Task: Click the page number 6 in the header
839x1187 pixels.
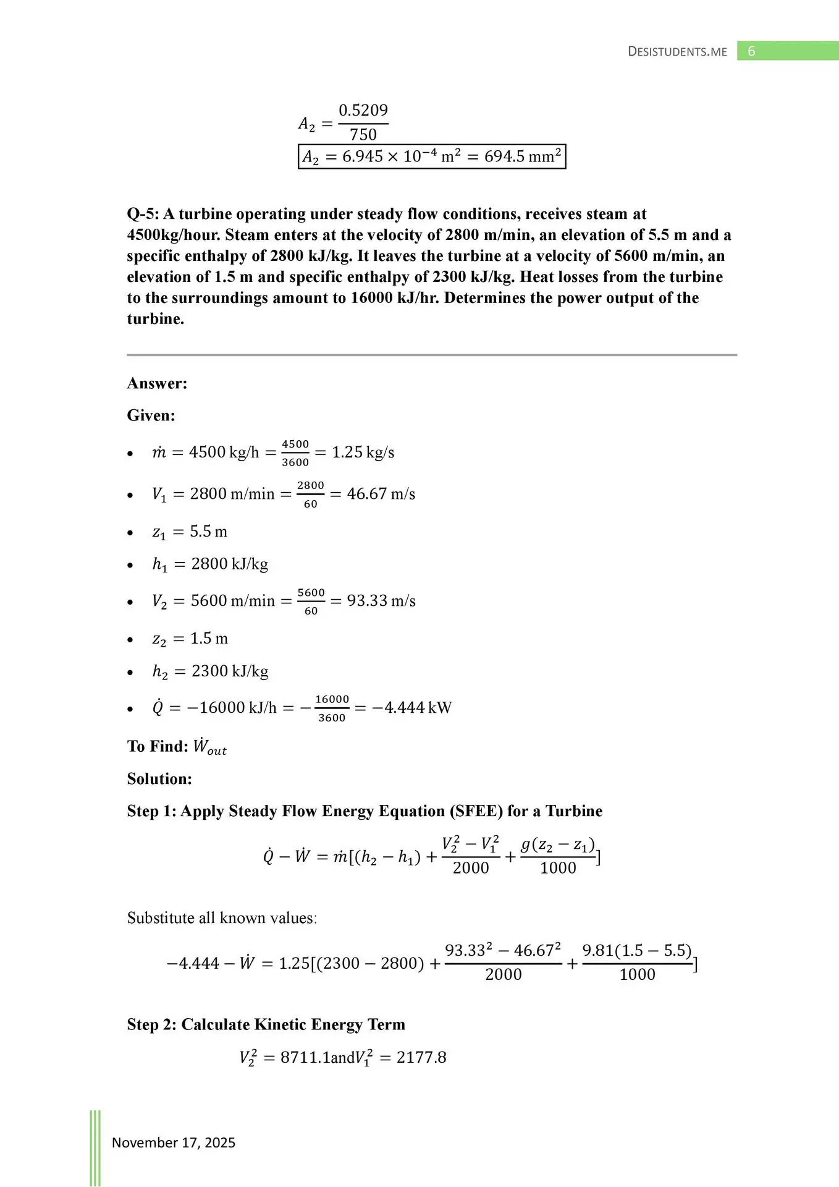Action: (751, 51)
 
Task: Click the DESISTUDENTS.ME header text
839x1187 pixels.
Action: (677, 52)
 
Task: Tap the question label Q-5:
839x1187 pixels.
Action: (143, 214)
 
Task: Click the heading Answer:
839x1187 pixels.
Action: (157, 383)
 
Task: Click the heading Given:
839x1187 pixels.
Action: (151, 415)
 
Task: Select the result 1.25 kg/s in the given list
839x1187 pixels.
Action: (363, 453)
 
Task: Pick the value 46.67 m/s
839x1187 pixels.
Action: (381, 494)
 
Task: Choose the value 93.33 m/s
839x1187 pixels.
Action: (381, 601)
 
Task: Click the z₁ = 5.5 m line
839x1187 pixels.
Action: (190, 532)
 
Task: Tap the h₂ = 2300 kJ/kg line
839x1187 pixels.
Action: (210, 671)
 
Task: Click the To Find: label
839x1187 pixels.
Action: (158, 746)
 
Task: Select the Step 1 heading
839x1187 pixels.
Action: (365, 811)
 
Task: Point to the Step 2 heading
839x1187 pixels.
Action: (266, 1024)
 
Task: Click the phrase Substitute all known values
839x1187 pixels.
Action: (222, 918)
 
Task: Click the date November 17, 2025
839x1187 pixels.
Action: (174, 1142)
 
